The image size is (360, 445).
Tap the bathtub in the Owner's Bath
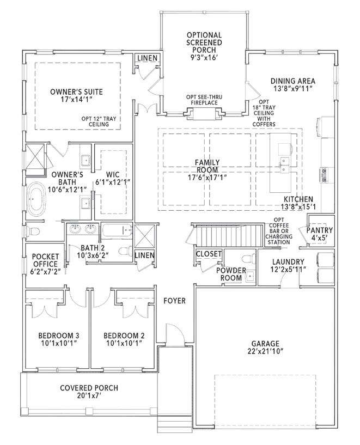[36, 199]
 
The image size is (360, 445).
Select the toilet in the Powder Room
[247, 259]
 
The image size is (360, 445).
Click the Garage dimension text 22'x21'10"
[265, 351]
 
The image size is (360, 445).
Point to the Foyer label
[174, 301]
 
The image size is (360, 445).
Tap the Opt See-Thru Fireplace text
[204, 100]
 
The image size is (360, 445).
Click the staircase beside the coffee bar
[227, 235]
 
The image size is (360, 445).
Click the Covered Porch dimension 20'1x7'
[89, 395]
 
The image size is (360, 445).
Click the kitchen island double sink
[284, 165]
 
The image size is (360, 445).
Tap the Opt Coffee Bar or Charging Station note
[279, 231]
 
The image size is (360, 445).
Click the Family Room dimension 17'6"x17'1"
[207, 178]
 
